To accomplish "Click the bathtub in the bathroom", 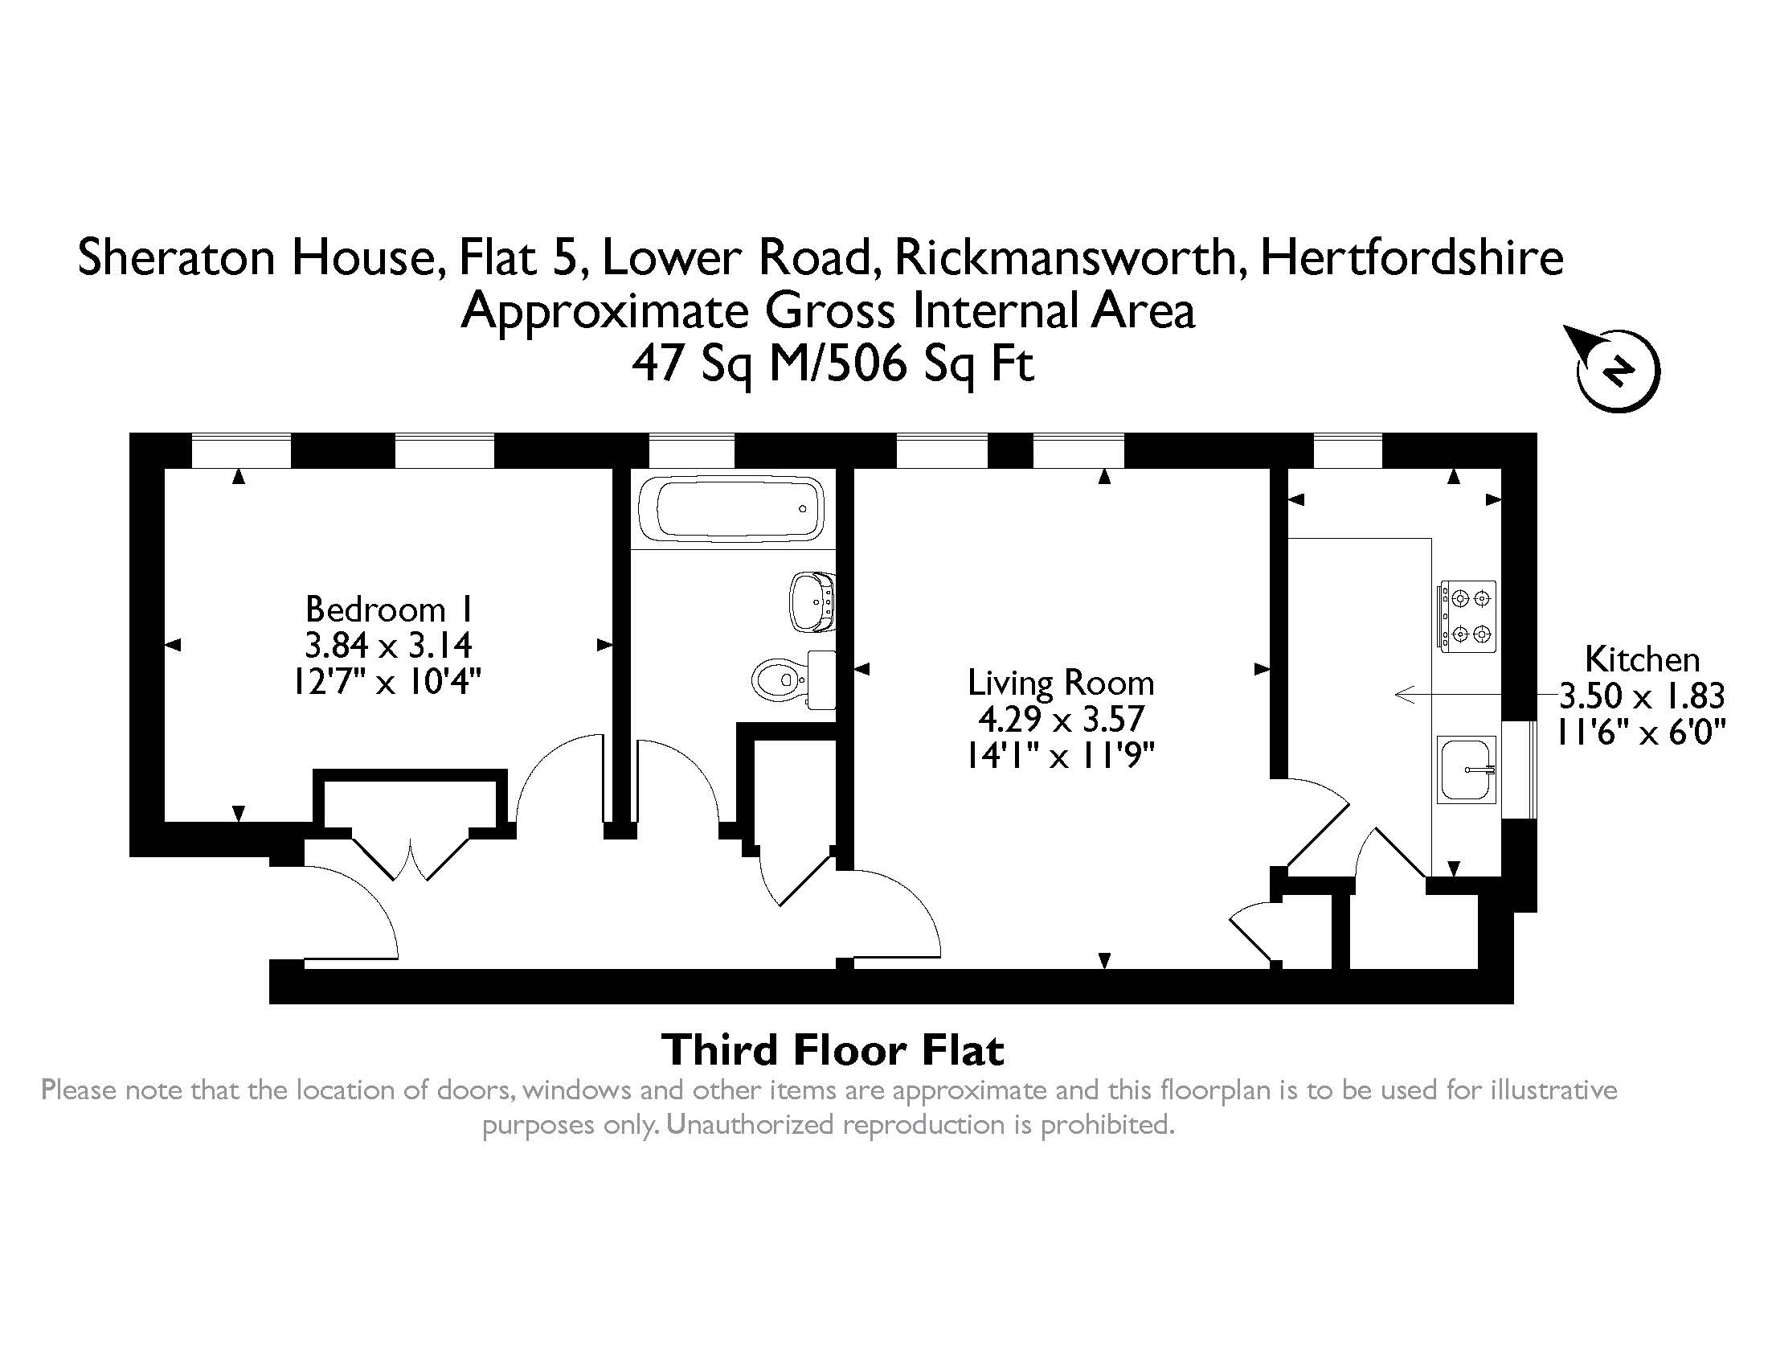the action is pos(731,508).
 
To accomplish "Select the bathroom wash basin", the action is pos(812,601).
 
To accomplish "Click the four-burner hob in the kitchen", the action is pos(1467,616).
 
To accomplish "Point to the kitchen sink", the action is pos(1466,770).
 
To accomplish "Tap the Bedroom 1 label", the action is pos(388,609).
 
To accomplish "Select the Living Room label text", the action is pos(1061,683).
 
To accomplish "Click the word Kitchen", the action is pos(1642,659).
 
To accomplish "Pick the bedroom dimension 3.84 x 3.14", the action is pos(388,646).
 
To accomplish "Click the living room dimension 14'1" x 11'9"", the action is pos(1061,756).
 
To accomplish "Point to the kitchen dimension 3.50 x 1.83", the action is pos(1643,696).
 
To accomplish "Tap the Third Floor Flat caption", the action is pos(834,1049).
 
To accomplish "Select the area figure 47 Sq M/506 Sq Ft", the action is pos(833,363).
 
